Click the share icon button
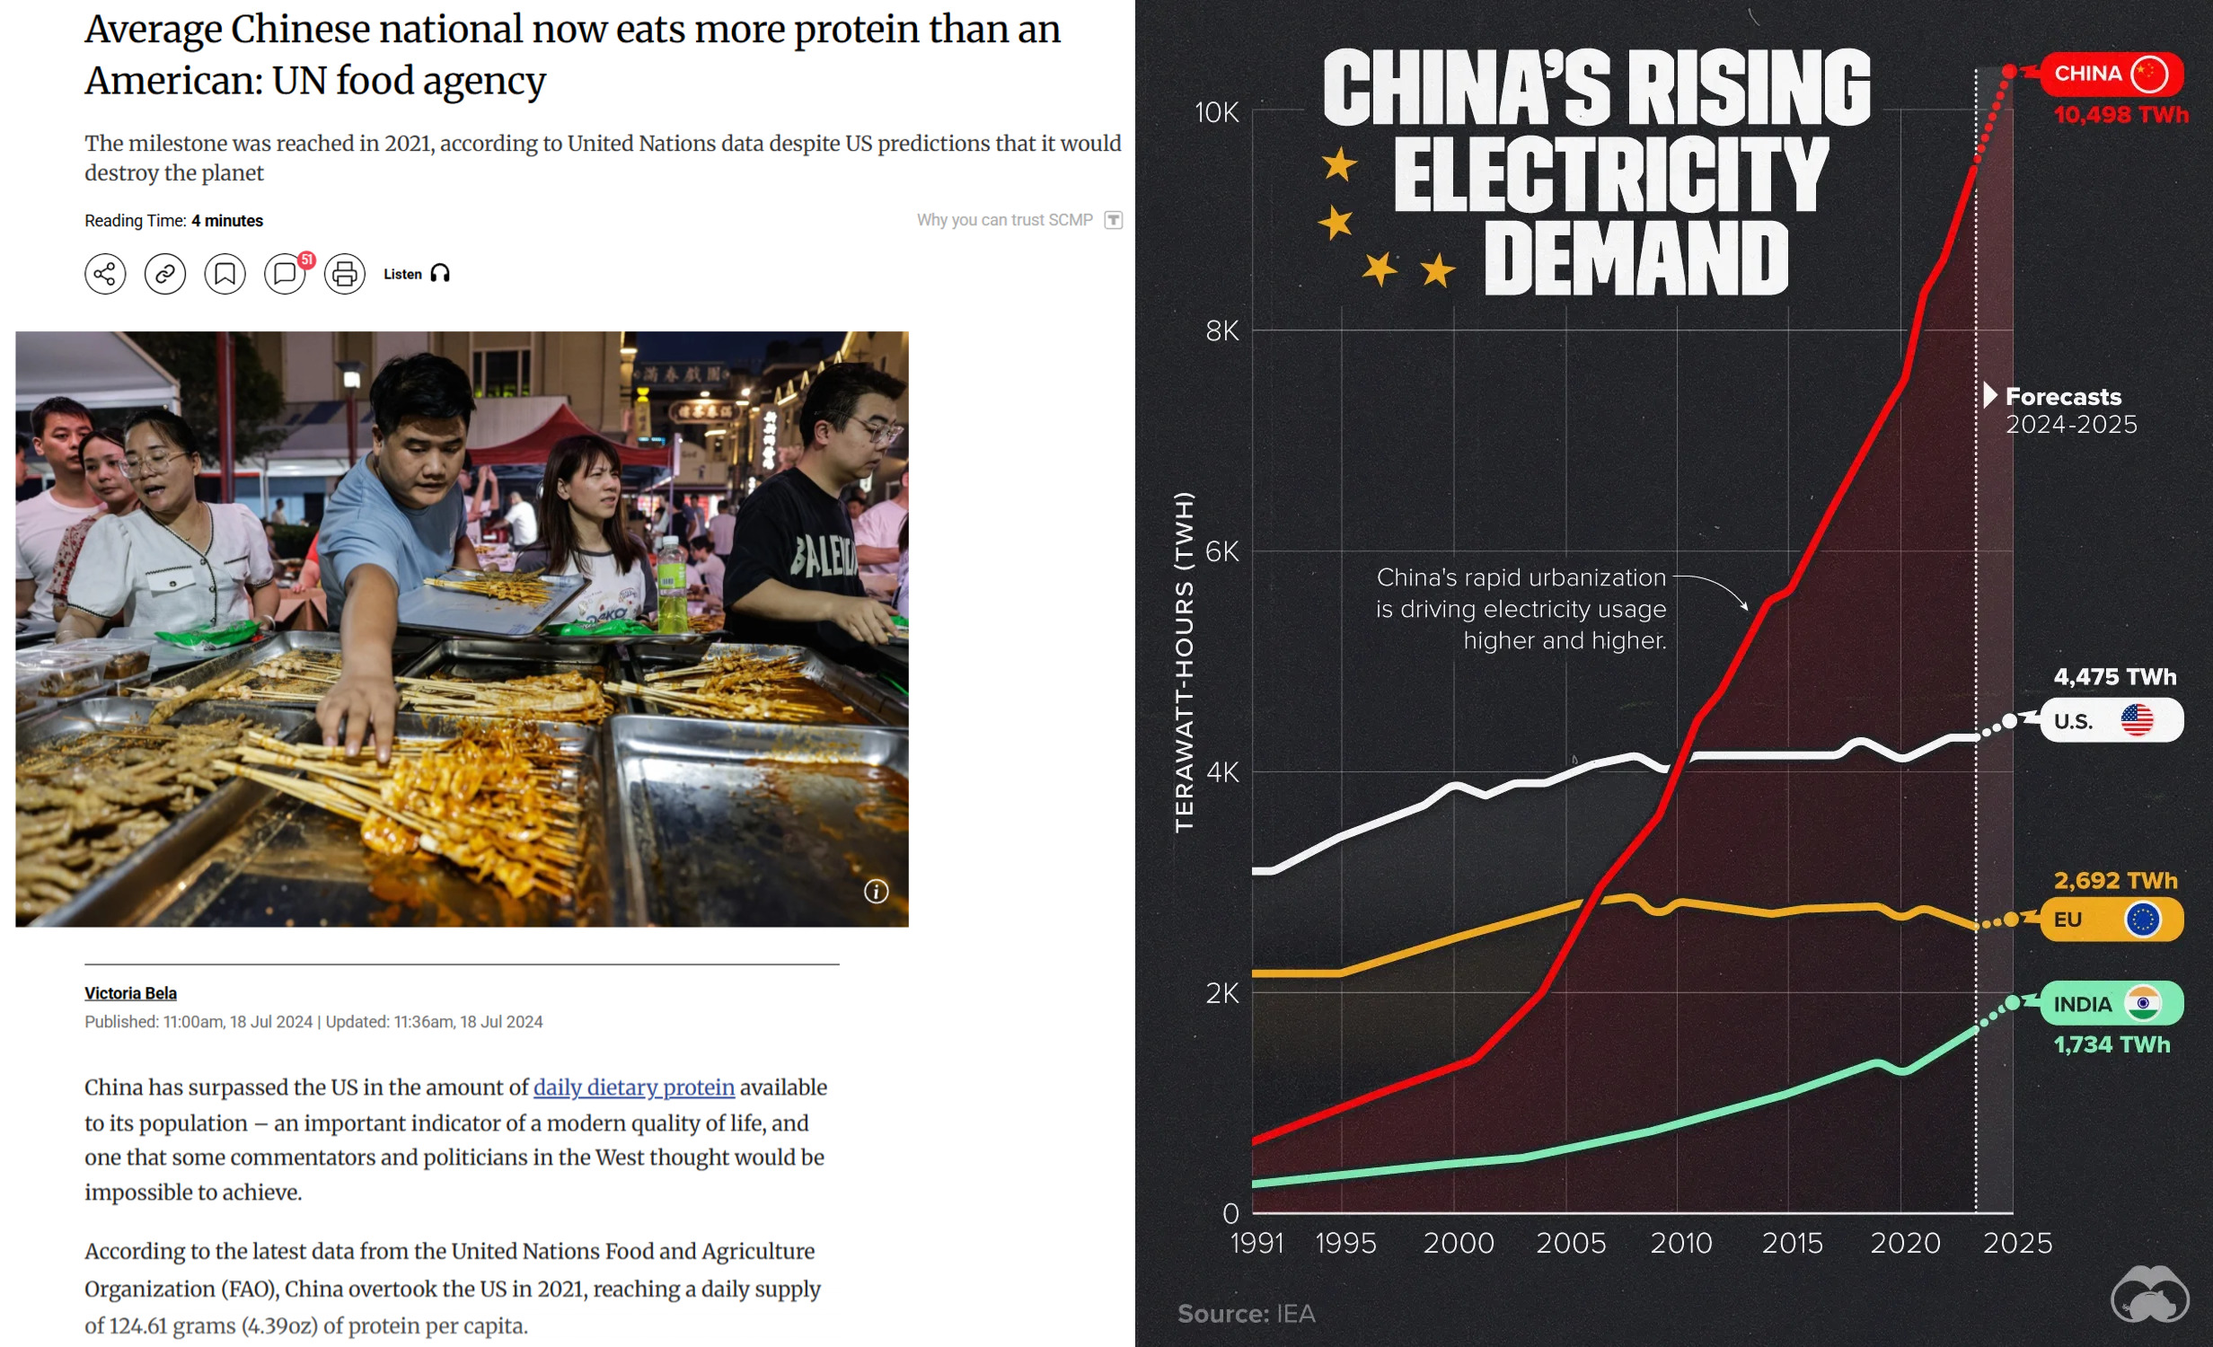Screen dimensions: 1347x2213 [105, 274]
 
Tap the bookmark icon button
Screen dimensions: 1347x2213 [225, 274]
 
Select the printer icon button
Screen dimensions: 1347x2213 [345, 274]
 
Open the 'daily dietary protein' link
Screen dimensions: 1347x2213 [633, 1087]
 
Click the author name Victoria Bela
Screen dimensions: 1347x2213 [130, 993]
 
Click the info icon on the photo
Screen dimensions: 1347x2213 [876, 891]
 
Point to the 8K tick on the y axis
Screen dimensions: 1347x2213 [1221, 331]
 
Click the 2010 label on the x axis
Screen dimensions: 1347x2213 [1680, 1244]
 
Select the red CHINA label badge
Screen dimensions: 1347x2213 [2111, 74]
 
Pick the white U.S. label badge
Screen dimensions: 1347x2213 [2111, 721]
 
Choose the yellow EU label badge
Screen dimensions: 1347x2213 [2111, 920]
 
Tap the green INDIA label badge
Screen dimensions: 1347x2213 [2111, 1004]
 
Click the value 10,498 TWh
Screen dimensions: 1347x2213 [2120, 115]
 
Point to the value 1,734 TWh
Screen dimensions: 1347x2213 [2112, 1044]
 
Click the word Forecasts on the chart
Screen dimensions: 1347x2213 [2063, 397]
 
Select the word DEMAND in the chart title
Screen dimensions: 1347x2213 [1636, 260]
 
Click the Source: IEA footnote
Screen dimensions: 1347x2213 [1246, 1314]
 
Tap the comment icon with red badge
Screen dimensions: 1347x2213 [286, 274]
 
